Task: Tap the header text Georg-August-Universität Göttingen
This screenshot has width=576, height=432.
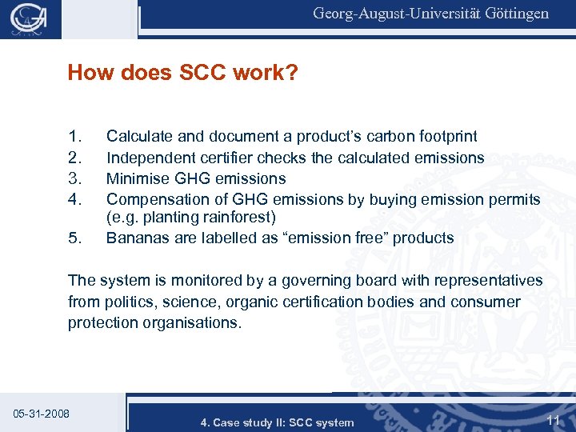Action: (x=430, y=14)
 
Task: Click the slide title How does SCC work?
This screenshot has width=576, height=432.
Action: (x=183, y=74)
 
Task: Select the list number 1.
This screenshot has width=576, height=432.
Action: (x=76, y=137)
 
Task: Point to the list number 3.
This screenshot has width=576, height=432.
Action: (x=76, y=178)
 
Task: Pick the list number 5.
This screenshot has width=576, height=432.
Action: (x=76, y=238)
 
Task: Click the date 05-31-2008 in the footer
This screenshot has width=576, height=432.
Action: (x=42, y=414)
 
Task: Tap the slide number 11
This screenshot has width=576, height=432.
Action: (x=553, y=419)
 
